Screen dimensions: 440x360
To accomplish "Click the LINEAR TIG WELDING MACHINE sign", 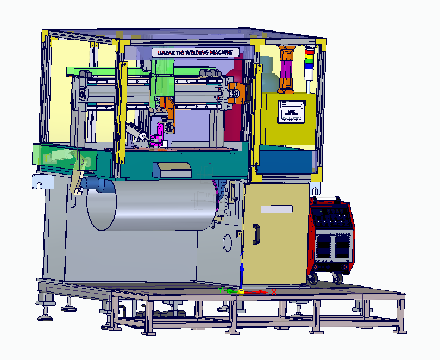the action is tap(196, 53).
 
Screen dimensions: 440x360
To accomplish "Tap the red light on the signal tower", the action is tap(310, 52).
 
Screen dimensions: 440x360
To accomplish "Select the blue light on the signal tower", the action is tap(310, 66).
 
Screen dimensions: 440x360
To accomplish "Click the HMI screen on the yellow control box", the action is tap(292, 112).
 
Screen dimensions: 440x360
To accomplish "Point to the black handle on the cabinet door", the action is tap(256, 234).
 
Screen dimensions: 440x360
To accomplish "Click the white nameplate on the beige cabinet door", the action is tap(276, 209).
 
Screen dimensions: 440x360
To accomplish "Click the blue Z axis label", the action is tap(242, 253).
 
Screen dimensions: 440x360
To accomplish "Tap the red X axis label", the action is tap(274, 292).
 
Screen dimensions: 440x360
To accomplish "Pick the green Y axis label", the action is tap(221, 290).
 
